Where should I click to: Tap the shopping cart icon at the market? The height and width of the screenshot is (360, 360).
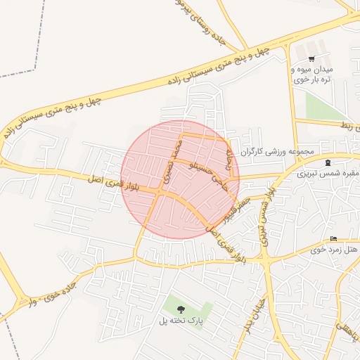(x=311, y=59)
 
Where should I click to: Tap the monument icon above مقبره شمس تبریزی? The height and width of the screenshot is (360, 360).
(x=328, y=163)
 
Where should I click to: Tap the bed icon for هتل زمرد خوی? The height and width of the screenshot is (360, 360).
(x=333, y=240)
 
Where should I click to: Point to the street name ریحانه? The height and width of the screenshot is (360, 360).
(x=230, y=157)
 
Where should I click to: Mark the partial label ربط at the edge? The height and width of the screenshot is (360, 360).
(x=348, y=125)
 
